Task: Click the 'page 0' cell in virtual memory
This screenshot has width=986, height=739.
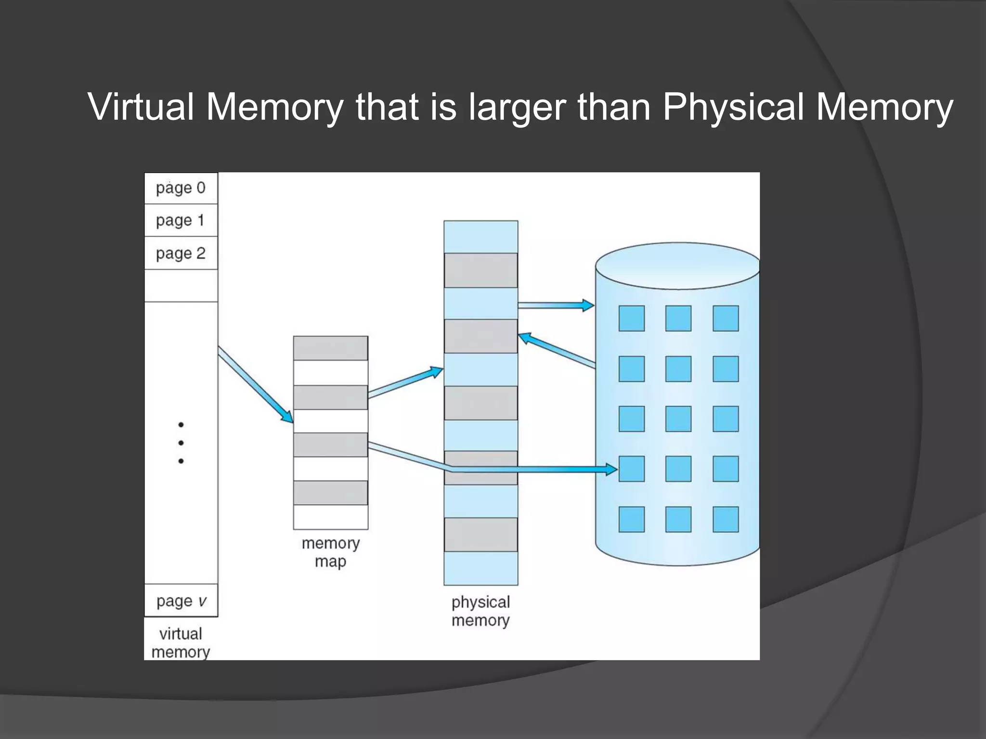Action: pos(181,188)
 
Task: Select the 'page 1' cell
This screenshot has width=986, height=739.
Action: pos(181,220)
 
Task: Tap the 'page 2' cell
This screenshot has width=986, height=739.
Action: pos(181,253)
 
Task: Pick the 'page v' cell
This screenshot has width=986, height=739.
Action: pos(181,601)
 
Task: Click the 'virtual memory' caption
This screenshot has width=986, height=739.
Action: pos(181,643)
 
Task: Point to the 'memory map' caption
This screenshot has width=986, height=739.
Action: pos(331,552)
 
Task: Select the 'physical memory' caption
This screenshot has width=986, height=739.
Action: pos(480,611)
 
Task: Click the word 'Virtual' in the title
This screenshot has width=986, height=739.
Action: pos(141,107)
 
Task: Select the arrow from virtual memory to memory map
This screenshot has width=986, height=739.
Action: pos(255,384)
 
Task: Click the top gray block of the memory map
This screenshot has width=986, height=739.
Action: pos(331,348)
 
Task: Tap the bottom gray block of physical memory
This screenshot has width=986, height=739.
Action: pos(480,535)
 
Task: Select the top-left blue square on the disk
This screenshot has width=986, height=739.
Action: pos(631,319)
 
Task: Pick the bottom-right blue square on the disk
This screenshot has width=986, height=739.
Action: pos(726,519)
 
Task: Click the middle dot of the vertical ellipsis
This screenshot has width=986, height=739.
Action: pos(181,443)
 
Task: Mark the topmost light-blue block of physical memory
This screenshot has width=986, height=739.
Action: pos(480,237)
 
